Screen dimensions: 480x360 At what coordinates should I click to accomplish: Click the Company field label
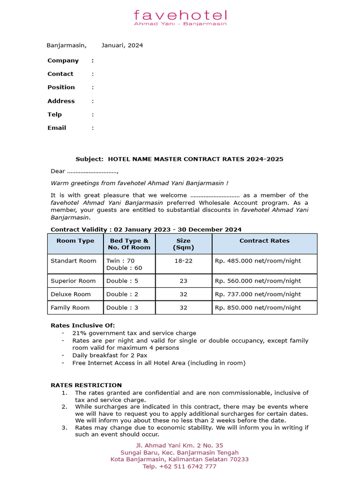(x=63, y=60)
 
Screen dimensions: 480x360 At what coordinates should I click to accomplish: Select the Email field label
(x=57, y=128)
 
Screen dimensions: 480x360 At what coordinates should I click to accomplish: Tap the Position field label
(x=61, y=87)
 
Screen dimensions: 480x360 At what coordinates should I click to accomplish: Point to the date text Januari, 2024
(x=122, y=45)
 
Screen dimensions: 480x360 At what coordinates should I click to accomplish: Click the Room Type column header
(x=75, y=241)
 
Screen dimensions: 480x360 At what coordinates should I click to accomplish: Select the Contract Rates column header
(x=264, y=241)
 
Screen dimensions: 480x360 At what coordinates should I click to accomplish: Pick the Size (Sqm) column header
(x=183, y=244)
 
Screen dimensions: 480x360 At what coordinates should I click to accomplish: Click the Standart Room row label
(x=74, y=261)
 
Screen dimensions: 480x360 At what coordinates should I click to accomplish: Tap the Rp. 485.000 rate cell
(x=258, y=261)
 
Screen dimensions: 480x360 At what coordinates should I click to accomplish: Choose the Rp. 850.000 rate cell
(x=258, y=307)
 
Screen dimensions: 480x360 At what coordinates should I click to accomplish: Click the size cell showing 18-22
(x=183, y=261)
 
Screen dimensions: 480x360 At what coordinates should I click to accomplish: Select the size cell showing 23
(x=183, y=281)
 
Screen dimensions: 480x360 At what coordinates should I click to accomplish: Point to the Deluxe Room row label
(x=71, y=294)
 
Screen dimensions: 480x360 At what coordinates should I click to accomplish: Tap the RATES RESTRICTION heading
(x=86, y=385)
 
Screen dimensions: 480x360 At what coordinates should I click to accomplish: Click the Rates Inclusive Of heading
(x=82, y=325)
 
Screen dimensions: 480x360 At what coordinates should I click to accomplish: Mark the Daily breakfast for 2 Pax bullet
(x=110, y=355)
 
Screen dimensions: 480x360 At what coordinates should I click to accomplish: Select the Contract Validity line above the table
(x=146, y=229)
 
